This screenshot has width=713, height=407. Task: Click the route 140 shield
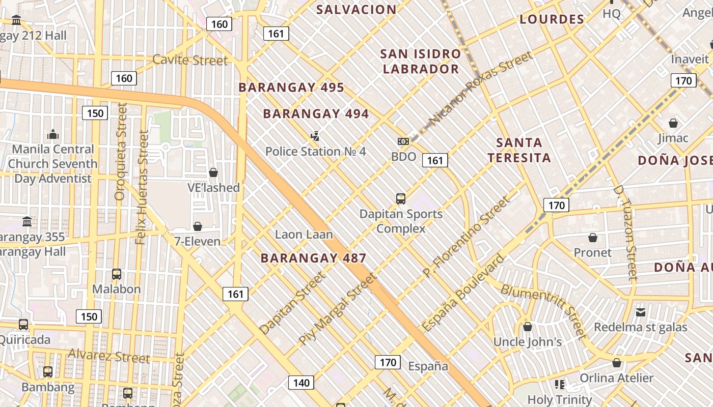tap(301, 383)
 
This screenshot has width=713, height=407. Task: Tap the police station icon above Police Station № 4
tap(315, 136)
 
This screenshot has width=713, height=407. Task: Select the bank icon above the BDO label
tap(403, 141)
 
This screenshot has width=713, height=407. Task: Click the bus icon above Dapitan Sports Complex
tap(401, 198)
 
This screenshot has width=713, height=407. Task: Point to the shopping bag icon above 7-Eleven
tap(198, 226)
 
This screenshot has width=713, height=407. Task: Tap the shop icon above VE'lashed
tap(213, 172)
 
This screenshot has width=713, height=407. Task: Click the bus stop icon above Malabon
tap(117, 274)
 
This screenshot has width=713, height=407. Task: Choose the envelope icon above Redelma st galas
tap(641, 312)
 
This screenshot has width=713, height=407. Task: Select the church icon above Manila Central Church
tap(52, 134)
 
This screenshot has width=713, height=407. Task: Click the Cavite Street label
tap(190, 60)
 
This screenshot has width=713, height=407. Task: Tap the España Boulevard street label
tap(463, 293)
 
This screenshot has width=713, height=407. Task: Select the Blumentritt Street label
tap(544, 311)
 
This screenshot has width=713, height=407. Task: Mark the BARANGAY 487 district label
tap(313, 258)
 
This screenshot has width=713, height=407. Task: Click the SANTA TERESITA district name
tap(519, 150)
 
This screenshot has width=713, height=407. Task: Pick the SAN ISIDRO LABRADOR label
tap(421, 61)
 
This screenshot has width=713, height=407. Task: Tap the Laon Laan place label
tap(304, 235)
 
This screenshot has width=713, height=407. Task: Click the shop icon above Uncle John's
tap(528, 327)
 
